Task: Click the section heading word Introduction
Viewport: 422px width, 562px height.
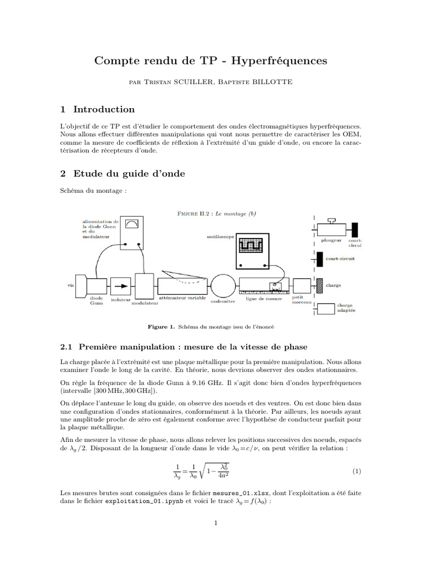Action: (x=104, y=109)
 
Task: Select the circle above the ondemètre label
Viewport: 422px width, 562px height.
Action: (x=223, y=286)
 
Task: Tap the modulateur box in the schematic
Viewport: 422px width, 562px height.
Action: (x=145, y=286)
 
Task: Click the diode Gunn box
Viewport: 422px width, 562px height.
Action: (x=97, y=286)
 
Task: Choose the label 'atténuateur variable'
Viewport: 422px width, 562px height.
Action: (x=182, y=298)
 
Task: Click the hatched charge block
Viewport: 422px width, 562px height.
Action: (x=319, y=285)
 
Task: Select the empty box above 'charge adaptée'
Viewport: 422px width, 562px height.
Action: (x=326, y=309)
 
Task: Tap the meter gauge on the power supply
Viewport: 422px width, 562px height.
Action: (x=132, y=223)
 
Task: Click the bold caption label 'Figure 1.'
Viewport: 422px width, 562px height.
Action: (x=161, y=327)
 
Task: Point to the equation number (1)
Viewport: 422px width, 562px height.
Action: (x=356, y=471)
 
